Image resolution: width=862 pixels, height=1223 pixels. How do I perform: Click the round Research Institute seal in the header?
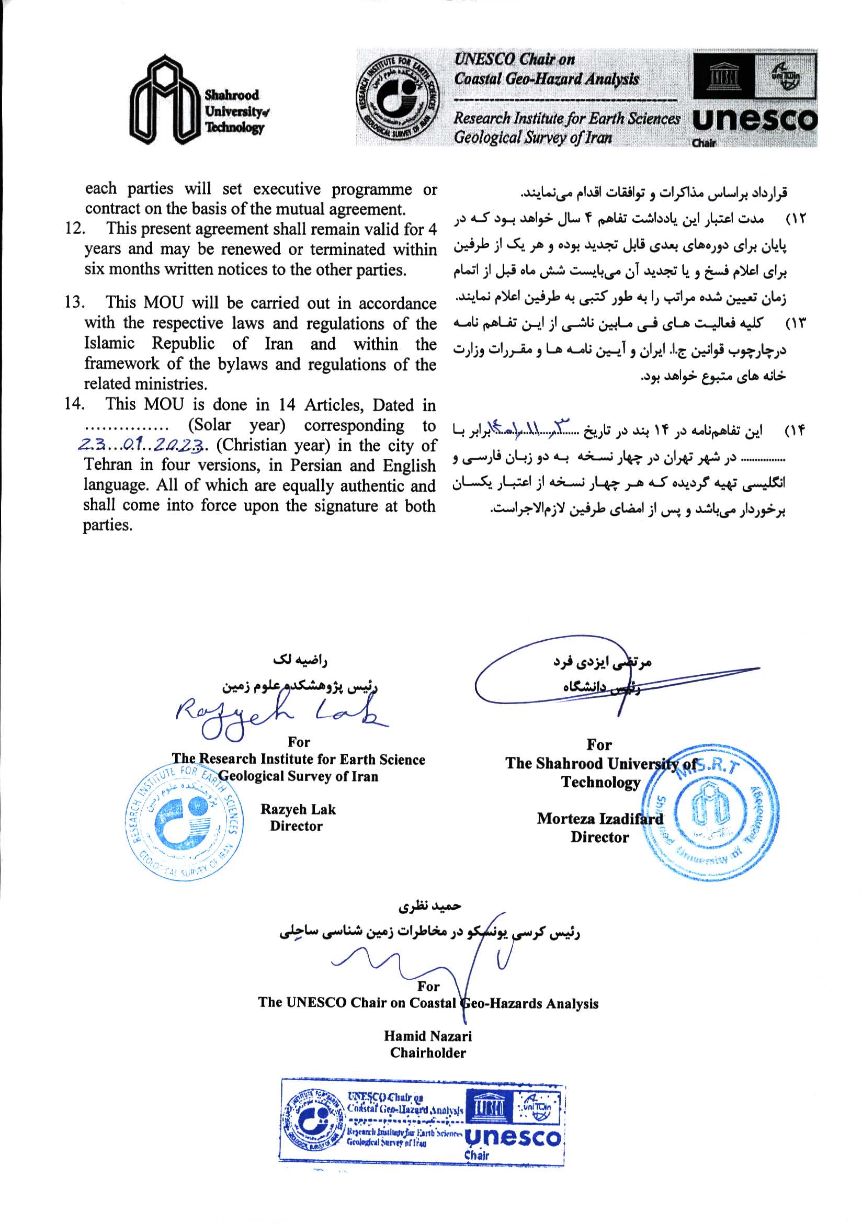[x=399, y=97]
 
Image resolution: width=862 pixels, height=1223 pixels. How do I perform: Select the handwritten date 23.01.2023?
[x=141, y=445]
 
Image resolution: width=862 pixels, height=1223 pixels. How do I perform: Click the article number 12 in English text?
[x=75, y=229]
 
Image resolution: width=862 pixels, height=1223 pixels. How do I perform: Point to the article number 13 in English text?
[x=74, y=302]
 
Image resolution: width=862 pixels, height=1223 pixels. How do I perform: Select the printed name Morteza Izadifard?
[x=600, y=819]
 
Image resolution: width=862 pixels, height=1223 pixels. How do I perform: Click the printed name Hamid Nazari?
[x=428, y=1036]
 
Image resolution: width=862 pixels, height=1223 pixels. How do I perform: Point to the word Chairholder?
[x=428, y=1053]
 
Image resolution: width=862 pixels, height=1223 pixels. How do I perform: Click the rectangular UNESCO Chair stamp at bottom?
[x=422, y=1124]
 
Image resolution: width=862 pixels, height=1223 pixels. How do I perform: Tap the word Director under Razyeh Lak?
[x=296, y=826]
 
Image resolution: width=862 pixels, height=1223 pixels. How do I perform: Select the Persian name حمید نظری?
[x=429, y=905]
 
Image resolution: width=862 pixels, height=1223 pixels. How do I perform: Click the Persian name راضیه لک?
[x=300, y=660]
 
